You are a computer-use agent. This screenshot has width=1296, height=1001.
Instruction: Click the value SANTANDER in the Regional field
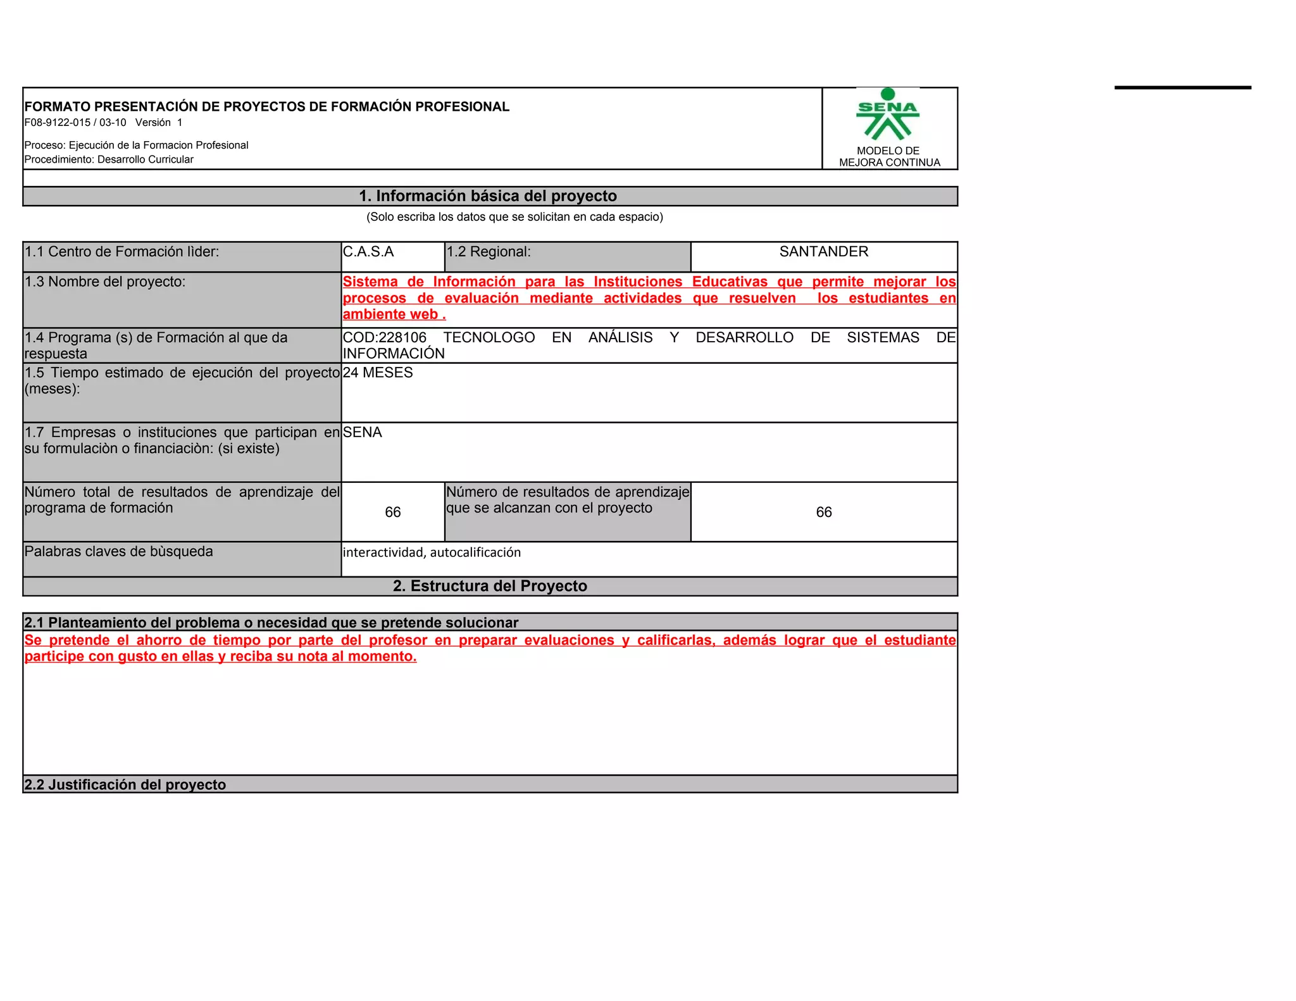(823, 252)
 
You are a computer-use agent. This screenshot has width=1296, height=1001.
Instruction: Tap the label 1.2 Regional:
(489, 252)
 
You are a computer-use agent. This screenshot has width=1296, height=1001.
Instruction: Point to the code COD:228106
(385, 338)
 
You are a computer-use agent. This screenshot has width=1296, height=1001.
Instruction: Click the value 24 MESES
(378, 373)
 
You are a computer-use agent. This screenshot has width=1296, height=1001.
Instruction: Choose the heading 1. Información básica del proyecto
(488, 196)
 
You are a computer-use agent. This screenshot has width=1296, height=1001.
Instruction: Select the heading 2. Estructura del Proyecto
(490, 586)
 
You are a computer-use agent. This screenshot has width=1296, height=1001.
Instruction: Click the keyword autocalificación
(475, 552)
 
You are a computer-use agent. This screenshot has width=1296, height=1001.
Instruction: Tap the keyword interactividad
(383, 552)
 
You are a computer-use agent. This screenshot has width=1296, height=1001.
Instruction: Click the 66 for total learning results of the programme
(393, 512)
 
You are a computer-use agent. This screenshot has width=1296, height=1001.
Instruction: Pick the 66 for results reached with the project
(823, 512)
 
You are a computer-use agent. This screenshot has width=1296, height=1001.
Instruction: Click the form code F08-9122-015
(58, 123)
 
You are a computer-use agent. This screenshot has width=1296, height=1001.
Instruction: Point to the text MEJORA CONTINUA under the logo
(889, 163)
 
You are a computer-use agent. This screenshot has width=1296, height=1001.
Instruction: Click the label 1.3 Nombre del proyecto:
(105, 282)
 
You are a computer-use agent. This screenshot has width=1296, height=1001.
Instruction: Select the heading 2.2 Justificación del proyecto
(125, 785)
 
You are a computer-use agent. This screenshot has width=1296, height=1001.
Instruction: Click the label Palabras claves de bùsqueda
(119, 552)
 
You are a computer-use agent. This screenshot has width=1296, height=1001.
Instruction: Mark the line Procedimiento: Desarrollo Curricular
(109, 159)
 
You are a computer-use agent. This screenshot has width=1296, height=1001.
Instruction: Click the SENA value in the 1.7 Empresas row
(363, 432)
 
